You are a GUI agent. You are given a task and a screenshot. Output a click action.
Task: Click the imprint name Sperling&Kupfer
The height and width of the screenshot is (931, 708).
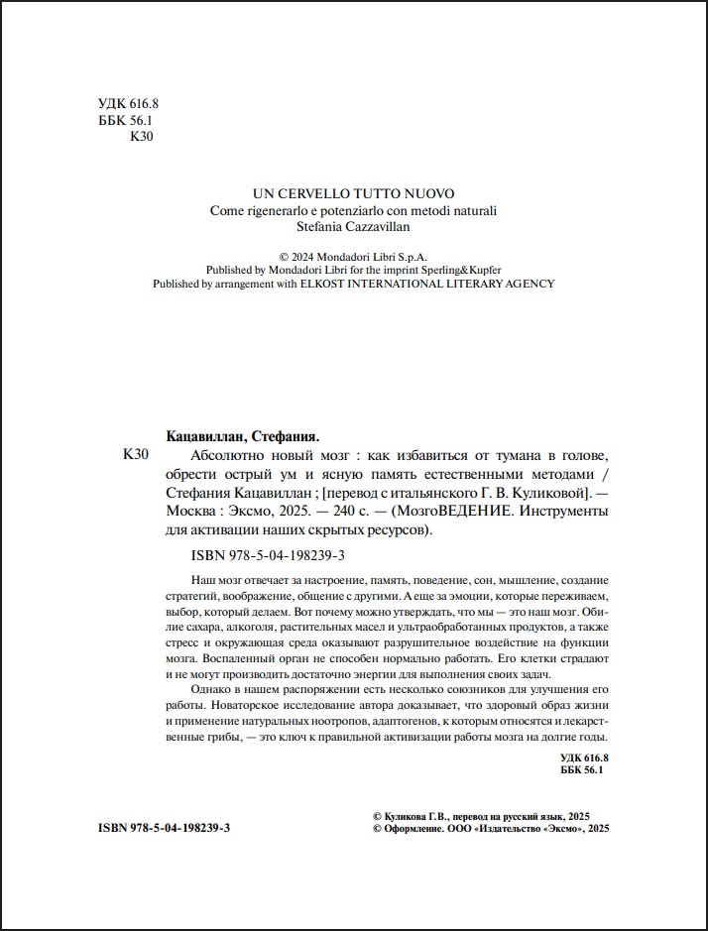(x=460, y=269)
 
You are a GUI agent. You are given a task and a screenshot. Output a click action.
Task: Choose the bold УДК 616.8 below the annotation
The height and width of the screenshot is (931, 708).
(x=582, y=757)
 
